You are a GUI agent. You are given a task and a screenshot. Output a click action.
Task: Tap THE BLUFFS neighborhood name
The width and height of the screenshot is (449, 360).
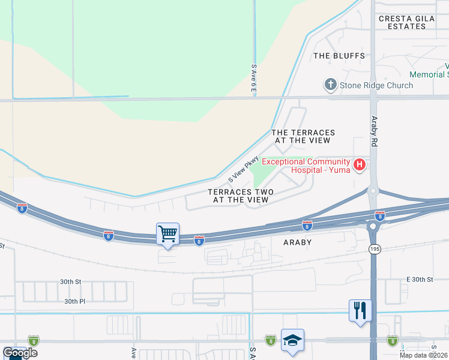pos(339,56)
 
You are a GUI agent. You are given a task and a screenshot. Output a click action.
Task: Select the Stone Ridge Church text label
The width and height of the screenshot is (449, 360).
pos(376,85)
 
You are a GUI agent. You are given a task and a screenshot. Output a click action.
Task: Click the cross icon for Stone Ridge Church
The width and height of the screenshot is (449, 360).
pos(330,85)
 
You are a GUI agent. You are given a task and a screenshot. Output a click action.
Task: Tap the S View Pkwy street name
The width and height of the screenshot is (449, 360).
pos(243,170)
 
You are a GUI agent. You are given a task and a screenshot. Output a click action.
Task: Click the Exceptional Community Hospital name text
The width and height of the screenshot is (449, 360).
pos(306,165)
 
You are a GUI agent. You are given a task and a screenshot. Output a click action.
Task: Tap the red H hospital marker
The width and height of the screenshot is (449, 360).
pos(360,164)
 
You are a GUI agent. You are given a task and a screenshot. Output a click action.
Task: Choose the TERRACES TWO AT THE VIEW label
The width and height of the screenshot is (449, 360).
pos(241,196)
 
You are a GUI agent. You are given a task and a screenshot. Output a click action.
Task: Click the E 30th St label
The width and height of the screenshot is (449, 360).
pos(420,280)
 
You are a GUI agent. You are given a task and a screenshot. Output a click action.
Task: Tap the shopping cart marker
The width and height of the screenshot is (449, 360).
pos(168,233)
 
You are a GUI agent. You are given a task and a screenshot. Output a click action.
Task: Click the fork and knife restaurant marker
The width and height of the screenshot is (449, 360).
pos(360,310)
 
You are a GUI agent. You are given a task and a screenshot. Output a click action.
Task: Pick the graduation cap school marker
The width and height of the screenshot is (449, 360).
pos(292,341)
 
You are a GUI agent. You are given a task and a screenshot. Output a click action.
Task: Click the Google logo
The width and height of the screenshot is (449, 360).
pos(20,353)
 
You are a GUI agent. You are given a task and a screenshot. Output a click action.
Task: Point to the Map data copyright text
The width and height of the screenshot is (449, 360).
pos(424,355)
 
